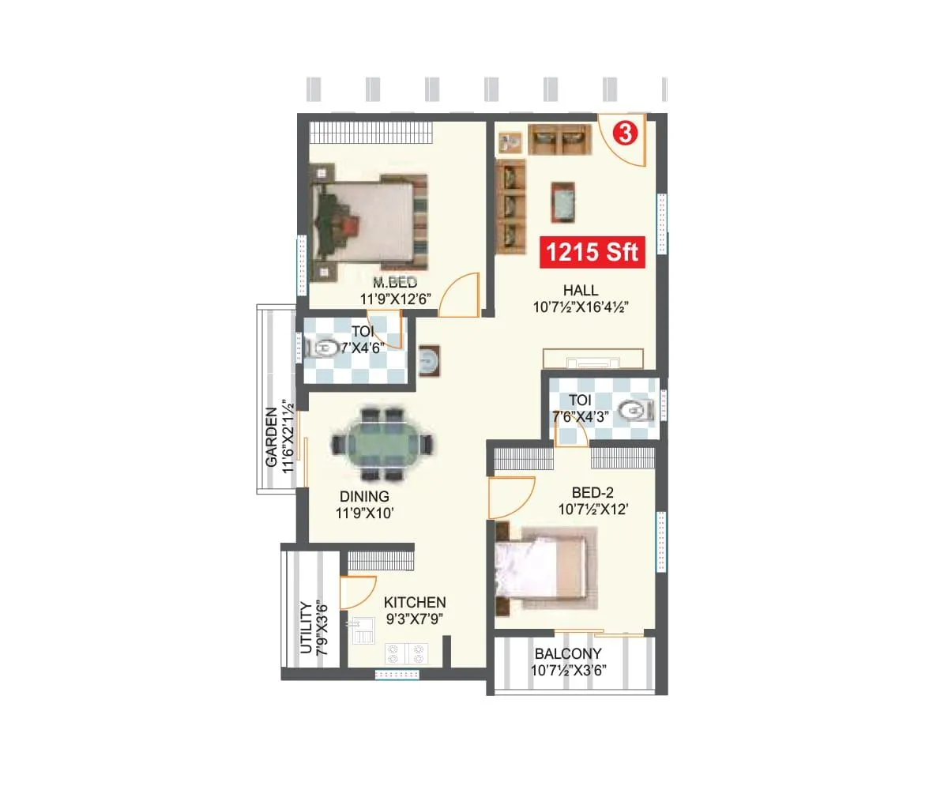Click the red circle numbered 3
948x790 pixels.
(x=625, y=134)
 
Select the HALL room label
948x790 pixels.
(x=581, y=290)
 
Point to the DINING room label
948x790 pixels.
(x=364, y=497)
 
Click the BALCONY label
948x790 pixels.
(x=568, y=654)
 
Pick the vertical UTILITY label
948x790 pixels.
(x=307, y=628)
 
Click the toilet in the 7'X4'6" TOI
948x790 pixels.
(x=325, y=348)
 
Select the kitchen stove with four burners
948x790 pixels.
(x=405, y=653)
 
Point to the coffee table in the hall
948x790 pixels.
(x=562, y=201)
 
